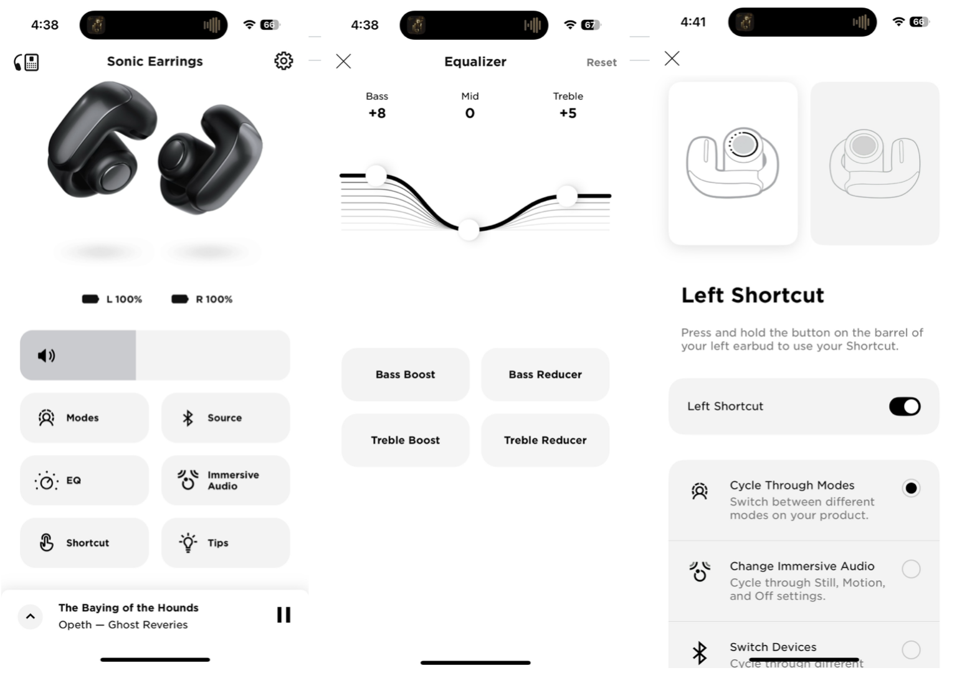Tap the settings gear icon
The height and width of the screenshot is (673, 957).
tap(283, 61)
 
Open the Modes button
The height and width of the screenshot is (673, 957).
tap(84, 418)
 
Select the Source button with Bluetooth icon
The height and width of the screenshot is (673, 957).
tap(226, 418)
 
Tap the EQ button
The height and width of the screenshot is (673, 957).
tap(84, 481)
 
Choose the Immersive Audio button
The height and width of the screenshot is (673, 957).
tap(226, 481)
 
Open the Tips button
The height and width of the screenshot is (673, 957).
tap(226, 543)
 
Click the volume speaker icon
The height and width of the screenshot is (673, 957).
tap(47, 355)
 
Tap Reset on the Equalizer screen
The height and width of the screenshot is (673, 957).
tap(601, 62)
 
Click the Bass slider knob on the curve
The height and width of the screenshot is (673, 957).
tap(376, 176)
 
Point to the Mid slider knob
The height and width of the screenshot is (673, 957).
tap(469, 229)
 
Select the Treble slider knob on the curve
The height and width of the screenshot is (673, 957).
tap(567, 196)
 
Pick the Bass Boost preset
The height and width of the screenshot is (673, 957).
tap(405, 375)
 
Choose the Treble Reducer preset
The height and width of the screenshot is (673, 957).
tap(545, 441)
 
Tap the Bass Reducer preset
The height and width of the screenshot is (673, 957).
tap(545, 375)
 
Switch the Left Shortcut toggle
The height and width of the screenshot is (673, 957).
tap(905, 407)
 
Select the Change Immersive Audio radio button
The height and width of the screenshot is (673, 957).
tap(911, 569)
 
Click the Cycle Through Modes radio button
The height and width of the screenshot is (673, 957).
tap(911, 488)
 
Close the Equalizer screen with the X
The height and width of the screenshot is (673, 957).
tap(343, 61)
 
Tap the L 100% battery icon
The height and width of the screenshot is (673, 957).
tap(91, 299)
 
